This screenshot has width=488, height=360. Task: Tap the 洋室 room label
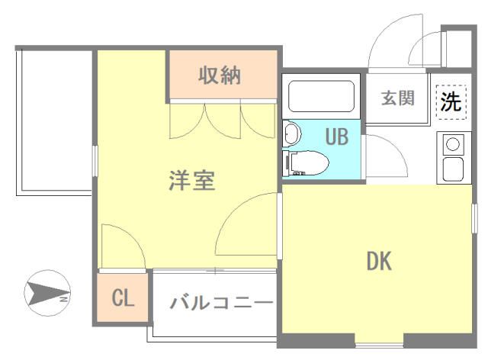(x=192, y=182)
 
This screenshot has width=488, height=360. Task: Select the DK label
(x=378, y=262)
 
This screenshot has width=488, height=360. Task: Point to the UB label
(x=336, y=137)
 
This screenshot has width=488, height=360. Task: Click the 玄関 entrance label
(x=397, y=98)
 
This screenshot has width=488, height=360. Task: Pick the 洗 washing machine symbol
(x=451, y=101)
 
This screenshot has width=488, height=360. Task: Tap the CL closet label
(x=124, y=297)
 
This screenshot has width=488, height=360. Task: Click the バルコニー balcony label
(x=221, y=303)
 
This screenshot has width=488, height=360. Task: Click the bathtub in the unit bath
(x=323, y=95)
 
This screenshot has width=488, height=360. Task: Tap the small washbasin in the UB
(x=291, y=135)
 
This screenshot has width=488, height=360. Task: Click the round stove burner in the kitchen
(x=452, y=143)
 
